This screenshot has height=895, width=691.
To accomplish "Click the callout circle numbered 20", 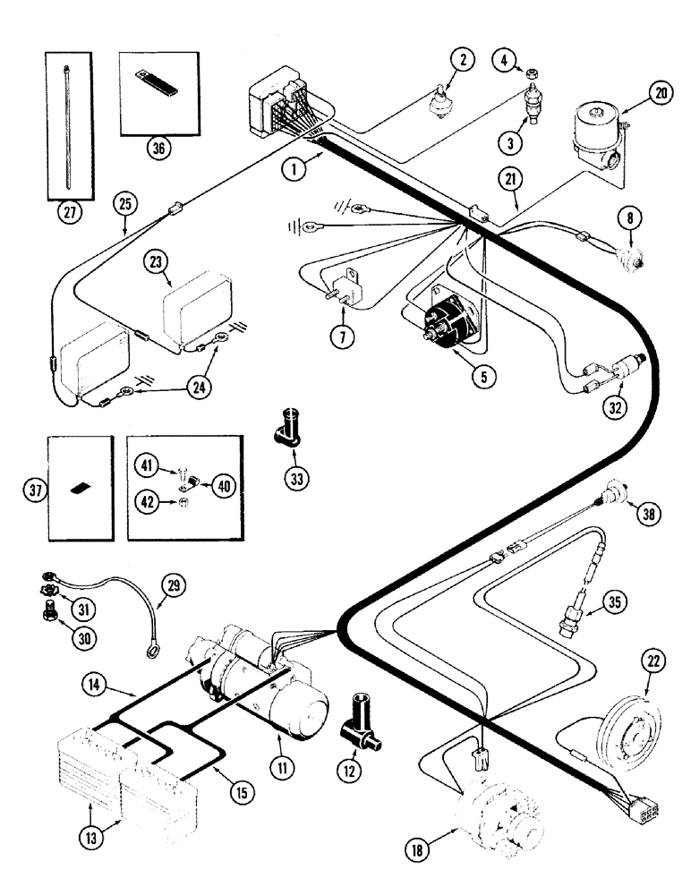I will pyautogui.click(x=659, y=94).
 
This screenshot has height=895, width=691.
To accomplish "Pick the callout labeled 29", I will pyautogui.click(x=171, y=587).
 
